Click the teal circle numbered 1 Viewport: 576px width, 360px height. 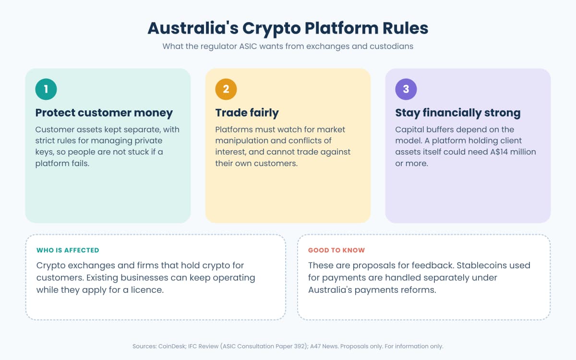pos(46,89)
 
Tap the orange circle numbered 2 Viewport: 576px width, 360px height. pos(226,89)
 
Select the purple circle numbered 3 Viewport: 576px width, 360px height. pos(406,89)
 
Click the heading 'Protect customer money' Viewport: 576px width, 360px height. pos(104,113)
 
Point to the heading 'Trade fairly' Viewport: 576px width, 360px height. pos(247,113)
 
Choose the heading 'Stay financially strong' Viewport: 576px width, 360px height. pos(458,113)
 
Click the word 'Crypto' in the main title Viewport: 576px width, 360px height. pos(271,29)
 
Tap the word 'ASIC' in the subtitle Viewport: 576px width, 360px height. pos(248,46)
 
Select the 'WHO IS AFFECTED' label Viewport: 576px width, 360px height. pos(68,250)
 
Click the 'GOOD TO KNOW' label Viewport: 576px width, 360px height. pos(336,250)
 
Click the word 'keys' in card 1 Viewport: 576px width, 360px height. pos(45,152)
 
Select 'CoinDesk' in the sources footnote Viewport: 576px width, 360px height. pos(172,346)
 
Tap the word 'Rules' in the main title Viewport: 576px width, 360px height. pos(405,28)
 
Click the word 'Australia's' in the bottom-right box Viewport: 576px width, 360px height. pos(330,290)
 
